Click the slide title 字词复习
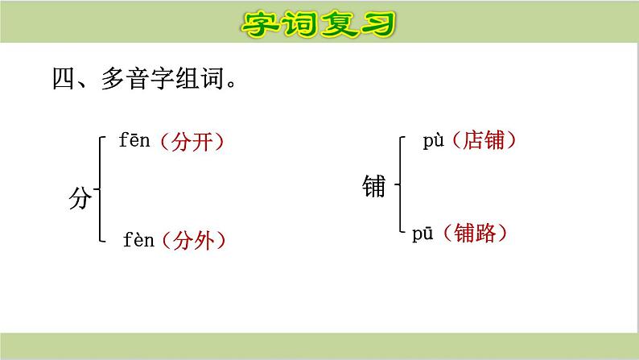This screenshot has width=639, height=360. click(319, 23)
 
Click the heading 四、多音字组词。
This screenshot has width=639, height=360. click(145, 80)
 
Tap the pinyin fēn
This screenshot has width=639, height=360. click(134, 142)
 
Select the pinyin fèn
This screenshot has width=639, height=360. click(138, 239)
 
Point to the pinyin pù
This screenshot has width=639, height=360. click(435, 141)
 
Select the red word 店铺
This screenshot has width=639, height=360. click(483, 141)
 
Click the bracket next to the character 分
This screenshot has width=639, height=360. click(100, 190)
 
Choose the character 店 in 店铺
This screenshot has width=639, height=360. click(472, 141)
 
